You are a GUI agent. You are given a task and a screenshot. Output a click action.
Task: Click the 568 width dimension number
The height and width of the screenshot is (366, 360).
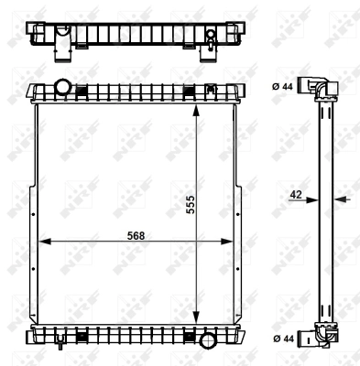(135, 234)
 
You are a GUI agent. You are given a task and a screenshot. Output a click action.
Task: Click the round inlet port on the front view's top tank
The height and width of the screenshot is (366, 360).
(63, 89)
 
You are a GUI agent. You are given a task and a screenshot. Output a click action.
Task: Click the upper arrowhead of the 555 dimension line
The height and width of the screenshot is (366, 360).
(195, 107)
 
